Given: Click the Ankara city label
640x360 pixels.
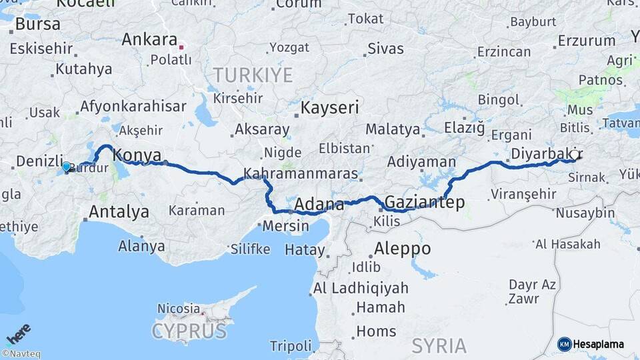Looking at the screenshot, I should click(149, 39).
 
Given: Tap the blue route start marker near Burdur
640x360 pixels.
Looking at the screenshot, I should click(66, 166).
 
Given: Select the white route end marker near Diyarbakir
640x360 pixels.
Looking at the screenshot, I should click(573, 155).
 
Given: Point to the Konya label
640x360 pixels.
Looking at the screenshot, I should click(137, 155).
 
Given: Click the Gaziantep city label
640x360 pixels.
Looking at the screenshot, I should click(425, 202).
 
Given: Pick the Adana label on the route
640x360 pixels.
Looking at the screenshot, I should click(319, 204).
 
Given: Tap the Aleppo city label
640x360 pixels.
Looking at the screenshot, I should click(402, 249).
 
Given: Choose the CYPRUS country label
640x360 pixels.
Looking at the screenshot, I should click(189, 331).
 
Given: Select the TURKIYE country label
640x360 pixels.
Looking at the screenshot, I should click(253, 75).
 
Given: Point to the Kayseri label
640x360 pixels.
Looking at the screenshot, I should click(330, 107).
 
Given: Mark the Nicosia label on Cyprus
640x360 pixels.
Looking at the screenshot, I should click(178, 309).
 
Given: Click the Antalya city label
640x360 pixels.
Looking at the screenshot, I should click(119, 213).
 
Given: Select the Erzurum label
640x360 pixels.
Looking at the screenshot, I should click(586, 40).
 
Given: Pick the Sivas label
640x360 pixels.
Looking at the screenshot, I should click(386, 49).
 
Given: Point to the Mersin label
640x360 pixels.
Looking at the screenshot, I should click(285, 225).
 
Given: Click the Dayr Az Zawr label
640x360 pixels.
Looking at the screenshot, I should click(532, 291).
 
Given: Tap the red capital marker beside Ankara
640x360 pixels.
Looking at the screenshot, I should click(181, 47).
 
